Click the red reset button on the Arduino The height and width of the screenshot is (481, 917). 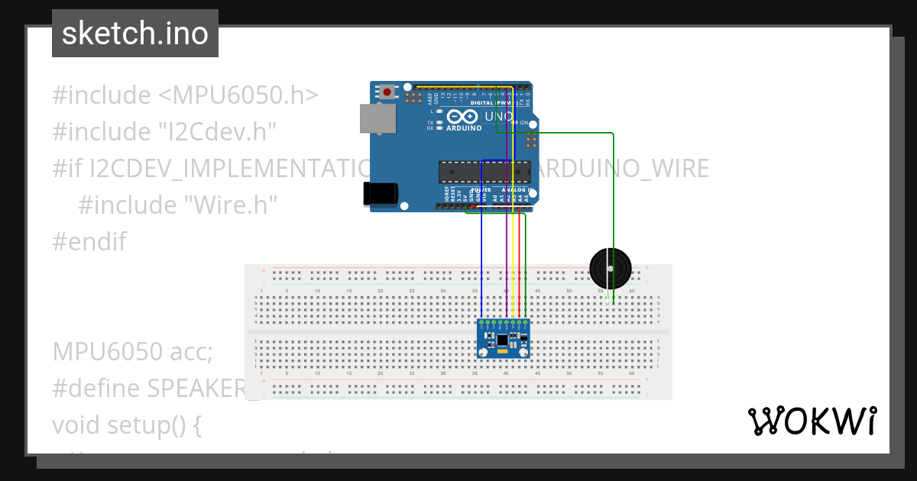(x=387, y=92)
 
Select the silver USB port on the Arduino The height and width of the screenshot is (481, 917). (x=378, y=118)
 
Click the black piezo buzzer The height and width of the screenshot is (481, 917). (x=611, y=268)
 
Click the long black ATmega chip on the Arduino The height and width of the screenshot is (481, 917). (x=484, y=172)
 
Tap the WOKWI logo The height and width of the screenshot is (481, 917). (x=811, y=421)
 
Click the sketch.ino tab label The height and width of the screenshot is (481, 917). (x=135, y=34)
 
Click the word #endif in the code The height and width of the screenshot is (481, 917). (x=89, y=242)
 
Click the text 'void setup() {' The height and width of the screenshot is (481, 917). (x=127, y=425)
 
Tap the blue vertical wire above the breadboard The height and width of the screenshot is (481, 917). (x=481, y=252)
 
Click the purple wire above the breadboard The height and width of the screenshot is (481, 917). (x=507, y=252)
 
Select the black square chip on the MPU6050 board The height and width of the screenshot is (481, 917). (x=502, y=340)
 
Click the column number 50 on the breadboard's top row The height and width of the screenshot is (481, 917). (x=569, y=291)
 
